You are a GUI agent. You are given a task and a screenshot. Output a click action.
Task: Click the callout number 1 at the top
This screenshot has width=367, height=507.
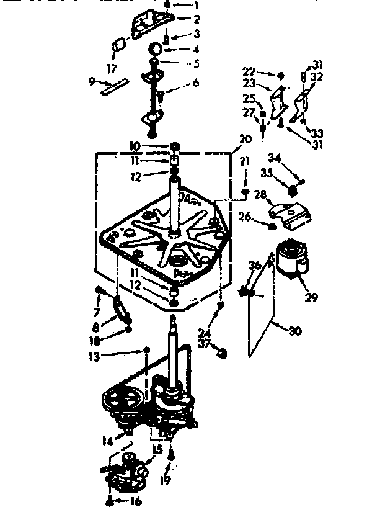(x=197, y=6)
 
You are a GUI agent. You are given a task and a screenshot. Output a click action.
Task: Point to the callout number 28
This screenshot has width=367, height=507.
(x=260, y=195)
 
